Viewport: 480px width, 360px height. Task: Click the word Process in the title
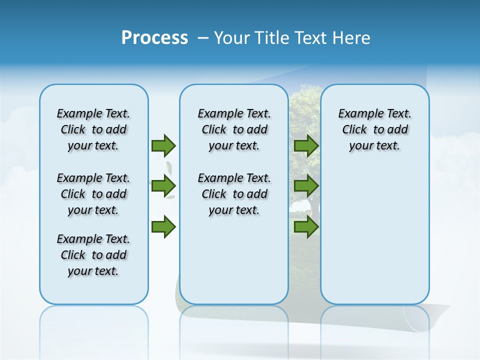pyautogui.click(x=154, y=38)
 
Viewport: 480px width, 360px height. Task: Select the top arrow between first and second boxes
pyautogui.click(x=163, y=145)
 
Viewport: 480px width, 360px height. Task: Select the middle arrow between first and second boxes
pyautogui.click(x=163, y=186)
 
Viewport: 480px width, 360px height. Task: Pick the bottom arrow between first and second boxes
pyautogui.click(x=163, y=227)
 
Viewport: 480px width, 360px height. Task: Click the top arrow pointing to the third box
pyautogui.click(x=306, y=145)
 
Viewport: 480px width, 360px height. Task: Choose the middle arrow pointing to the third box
pyautogui.click(x=306, y=186)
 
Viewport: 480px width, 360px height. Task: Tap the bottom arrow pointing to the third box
pyautogui.click(x=306, y=227)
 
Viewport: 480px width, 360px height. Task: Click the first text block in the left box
pyautogui.click(x=93, y=129)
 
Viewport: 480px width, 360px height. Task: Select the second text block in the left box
pyautogui.click(x=93, y=194)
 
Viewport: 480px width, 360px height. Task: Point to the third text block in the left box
pyautogui.click(x=93, y=255)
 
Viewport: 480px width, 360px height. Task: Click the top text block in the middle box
pyautogui.click(x=234, y=129)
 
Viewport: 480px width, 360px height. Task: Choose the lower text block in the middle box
pyautogui.click(x=234, y=194)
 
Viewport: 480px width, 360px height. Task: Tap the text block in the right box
pyautogui.click(x=374, y=129)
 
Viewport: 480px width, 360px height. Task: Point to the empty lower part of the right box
pyautogui.click(x=374, y=235)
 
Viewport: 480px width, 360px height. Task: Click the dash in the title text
pyautogui.click(x=203, y=38)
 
